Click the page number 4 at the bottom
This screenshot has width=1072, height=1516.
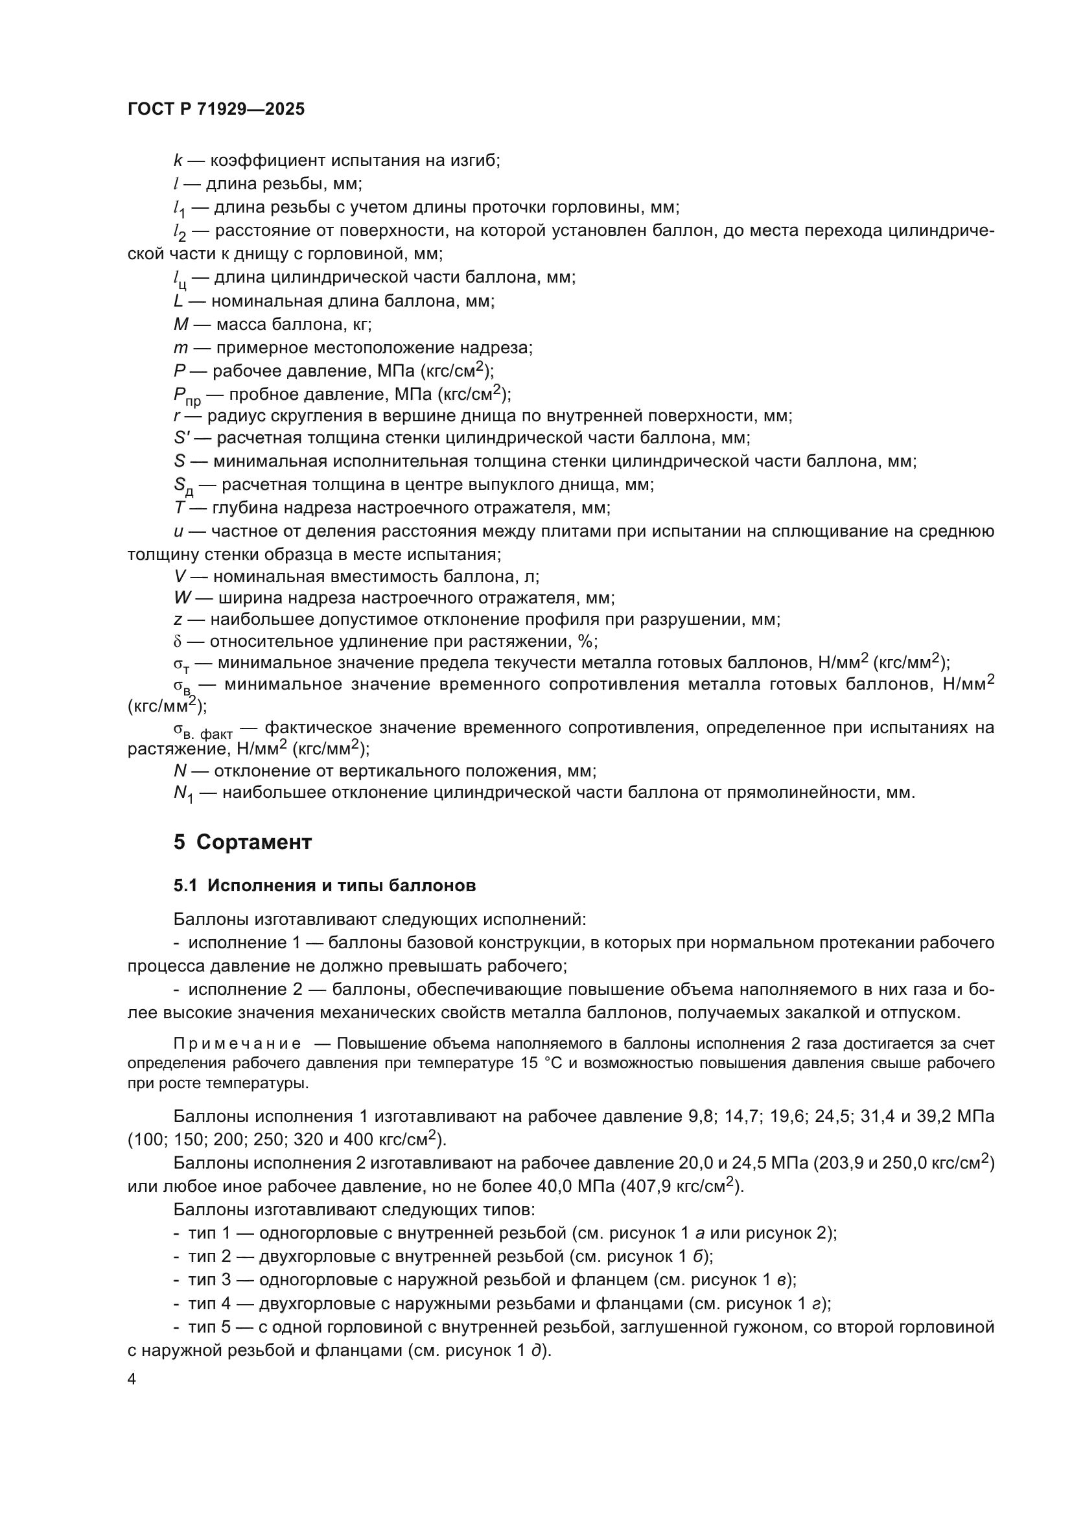[132, 1379]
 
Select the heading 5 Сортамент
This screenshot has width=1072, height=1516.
[242, 843]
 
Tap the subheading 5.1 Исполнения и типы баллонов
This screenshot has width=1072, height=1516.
[324, 885]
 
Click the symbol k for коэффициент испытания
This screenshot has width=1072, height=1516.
[178, 161]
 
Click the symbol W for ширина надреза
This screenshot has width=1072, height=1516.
[181, 598]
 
